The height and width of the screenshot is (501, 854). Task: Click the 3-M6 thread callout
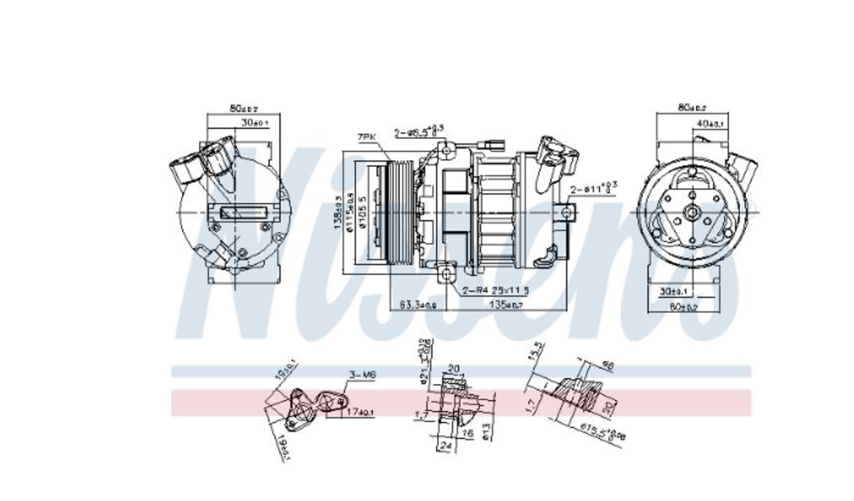[x=362, y=374]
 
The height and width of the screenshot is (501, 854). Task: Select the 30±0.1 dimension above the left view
[x=254, y=123]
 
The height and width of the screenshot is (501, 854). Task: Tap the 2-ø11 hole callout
[x=593, y=188]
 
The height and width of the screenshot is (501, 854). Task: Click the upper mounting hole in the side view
[x=446, y=150]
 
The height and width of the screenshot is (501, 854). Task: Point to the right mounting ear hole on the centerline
[x=566, y=213]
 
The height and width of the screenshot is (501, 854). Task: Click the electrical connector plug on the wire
[x=488, y=145]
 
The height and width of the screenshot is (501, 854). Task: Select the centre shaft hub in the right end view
[x=692, y=213]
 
